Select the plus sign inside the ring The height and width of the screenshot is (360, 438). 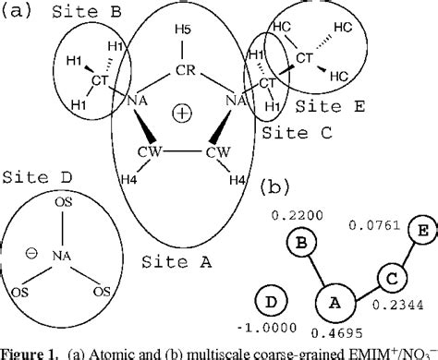pos(183,114)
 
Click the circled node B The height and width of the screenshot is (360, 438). pos(300,244)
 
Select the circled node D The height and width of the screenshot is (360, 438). pos(272,303)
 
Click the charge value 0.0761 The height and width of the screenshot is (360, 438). pos(370,224)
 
